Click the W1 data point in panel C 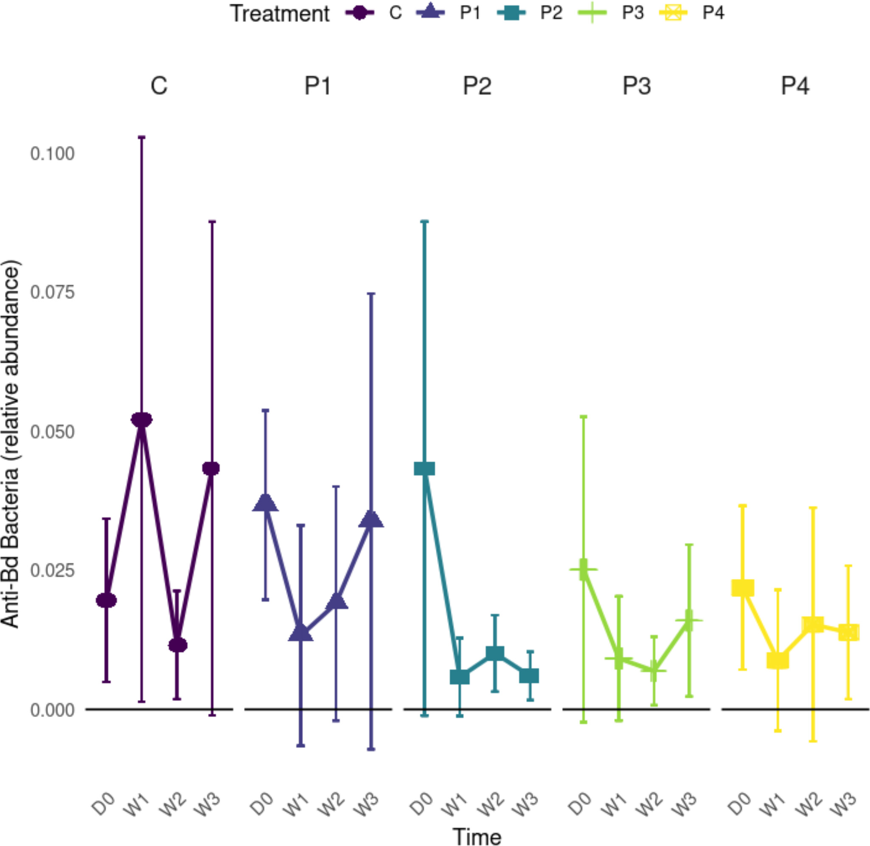[x=141, y=419]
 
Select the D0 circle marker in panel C [x=106, y=600]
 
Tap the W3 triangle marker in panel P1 [x=372, y=519]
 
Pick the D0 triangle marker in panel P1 [x=265, y=503]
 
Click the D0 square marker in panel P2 [x=424, y=468]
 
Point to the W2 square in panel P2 [x=495, y=653]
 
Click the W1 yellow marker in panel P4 [x=777, y=661]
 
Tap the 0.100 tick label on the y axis [x=52, y=154]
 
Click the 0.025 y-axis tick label [x=52, y=570]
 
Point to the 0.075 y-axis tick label [x=52, y=292]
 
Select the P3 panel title [x=636, y=85]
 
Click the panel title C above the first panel [x=159, y=85]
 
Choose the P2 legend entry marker [x=511, y=13]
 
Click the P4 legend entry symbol [x=673, y=13]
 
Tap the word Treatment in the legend [x=280, y=14]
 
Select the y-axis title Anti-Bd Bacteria [x=11, y=444]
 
